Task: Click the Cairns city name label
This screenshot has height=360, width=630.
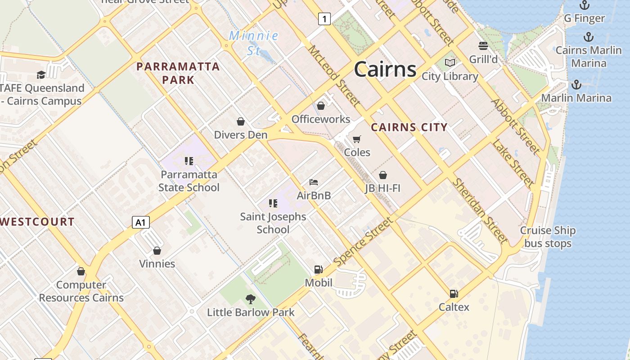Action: coord(385,70)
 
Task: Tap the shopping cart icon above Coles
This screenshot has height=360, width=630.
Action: coord(357,139)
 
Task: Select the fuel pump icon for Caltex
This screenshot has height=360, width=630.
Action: coord(454,294)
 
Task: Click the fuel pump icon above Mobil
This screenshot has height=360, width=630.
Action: coord(319,270)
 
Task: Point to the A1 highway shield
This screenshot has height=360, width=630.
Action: coord(141,222)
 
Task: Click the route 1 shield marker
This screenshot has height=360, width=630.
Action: coord(324,18)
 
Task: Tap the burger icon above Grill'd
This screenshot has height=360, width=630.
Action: coord(483,46)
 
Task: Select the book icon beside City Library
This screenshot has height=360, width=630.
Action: coord(450,63)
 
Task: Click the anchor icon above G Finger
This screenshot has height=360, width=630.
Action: coord(584,5)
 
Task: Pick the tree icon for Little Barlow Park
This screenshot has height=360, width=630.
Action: coord(251,299)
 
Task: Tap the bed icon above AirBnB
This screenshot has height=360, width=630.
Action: coord(314,182)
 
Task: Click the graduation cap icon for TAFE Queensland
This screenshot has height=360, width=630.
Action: coord(41,75)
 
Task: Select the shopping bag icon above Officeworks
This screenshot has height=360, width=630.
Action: coord(321,106)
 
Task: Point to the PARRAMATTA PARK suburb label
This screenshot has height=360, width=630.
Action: coord(178,73)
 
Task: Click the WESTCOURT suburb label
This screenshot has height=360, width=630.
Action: coord(37,221)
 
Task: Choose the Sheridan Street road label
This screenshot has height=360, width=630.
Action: coord(480,210)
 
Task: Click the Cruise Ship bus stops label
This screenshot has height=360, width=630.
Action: coord(548,237)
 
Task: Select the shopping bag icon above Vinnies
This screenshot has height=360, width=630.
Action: coord(157,251)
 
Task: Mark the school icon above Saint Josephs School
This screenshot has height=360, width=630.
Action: coord(273,203)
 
